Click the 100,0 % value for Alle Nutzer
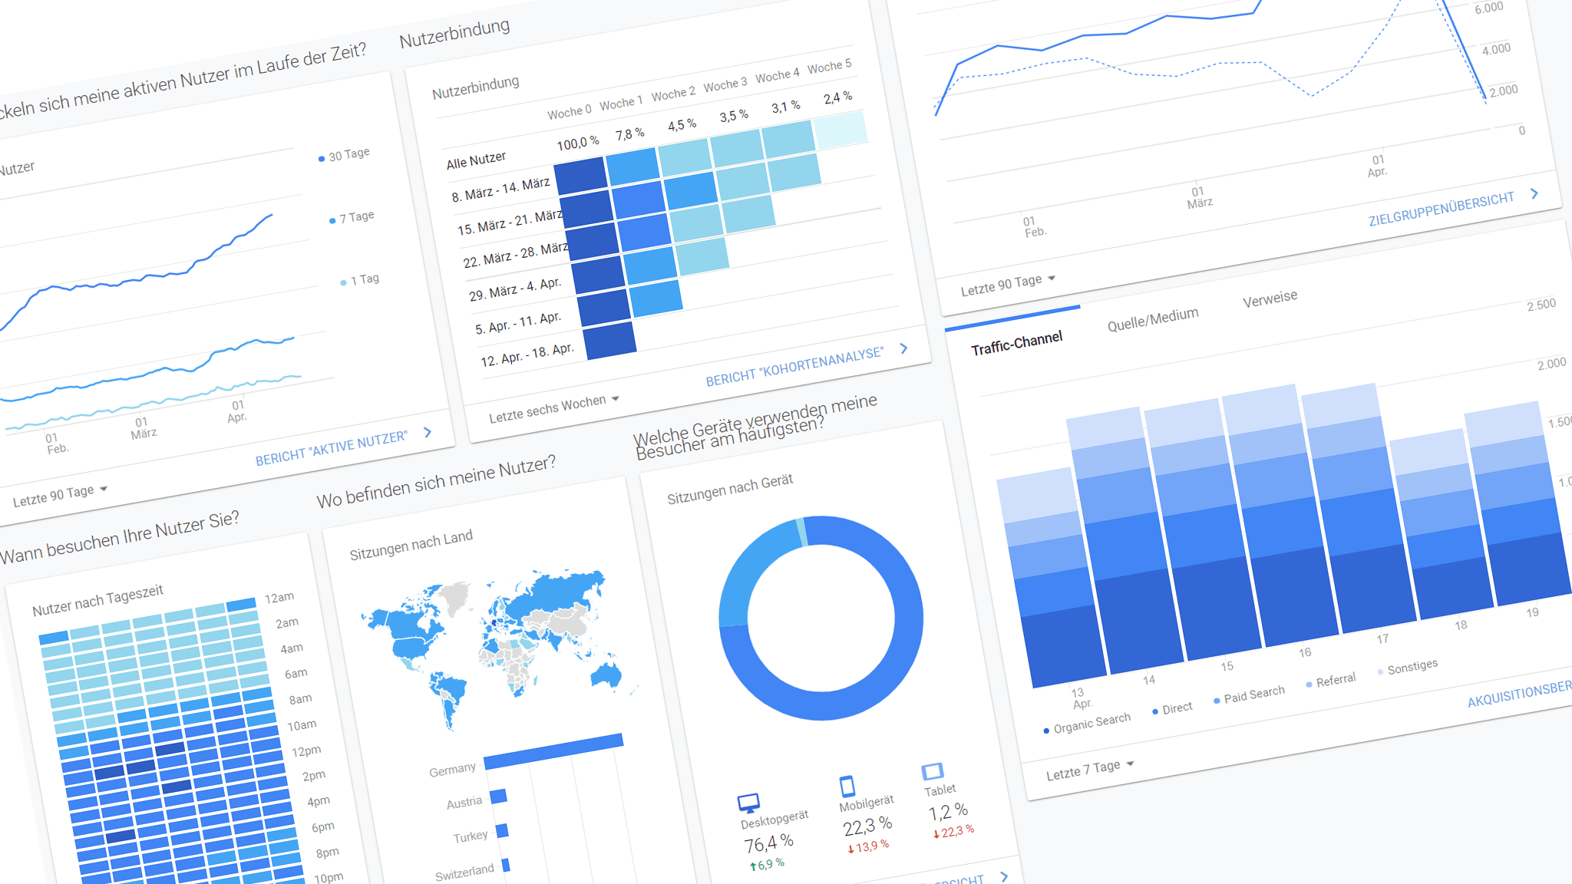[577, 143]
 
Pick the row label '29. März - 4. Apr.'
[515, 289]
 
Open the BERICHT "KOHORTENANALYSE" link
[794, 366]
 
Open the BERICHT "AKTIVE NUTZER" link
[331, 448]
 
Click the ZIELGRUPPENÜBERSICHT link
[1441, 209]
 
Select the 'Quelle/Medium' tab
[1152, 319]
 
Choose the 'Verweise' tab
[1270, 298]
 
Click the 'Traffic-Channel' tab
[1016, 343]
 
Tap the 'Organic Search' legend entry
[1091, 722]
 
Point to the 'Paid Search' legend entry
[1253, 694]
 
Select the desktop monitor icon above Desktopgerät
[748, 803]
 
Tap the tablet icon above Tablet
[932, 770]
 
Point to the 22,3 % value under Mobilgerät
[867, 826]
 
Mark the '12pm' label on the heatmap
[306, 750]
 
